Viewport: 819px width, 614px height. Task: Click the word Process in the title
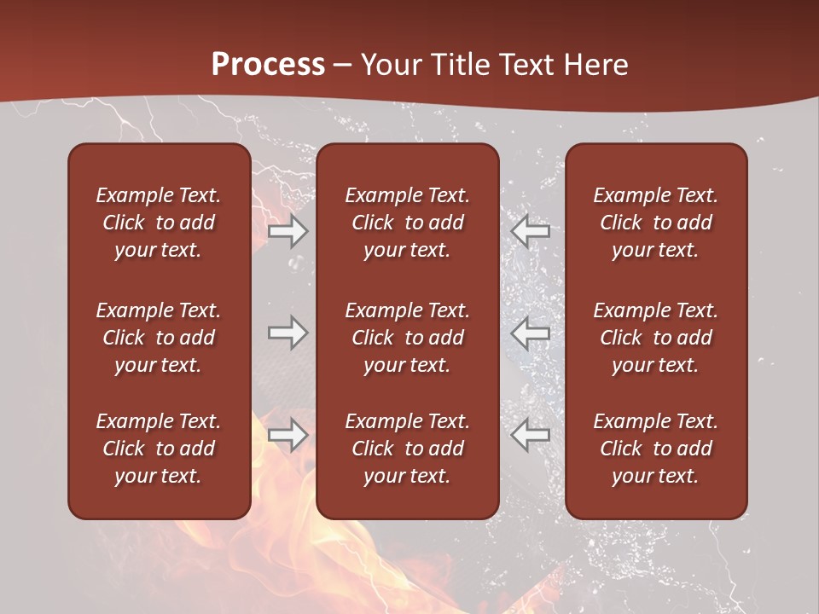tap(268, 65)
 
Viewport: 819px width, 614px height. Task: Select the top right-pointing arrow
tap(288, 231)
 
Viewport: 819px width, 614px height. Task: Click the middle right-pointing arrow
tap(288, 333)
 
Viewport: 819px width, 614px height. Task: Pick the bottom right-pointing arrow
tap(288, 435)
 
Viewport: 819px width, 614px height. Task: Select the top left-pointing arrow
tap(531, 231)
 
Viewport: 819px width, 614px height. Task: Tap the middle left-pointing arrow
tap(531, 333)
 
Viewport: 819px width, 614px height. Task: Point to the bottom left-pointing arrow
tap(531, 435)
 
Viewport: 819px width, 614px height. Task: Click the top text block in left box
tap(159, 223)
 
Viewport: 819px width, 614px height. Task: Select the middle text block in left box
tap(159, 338)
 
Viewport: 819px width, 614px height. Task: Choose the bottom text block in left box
tap(159, 449)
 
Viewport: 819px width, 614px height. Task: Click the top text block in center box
tap(408, 223)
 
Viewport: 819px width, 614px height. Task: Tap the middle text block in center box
tap(408, 338)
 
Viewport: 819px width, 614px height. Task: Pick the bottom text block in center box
tap(408, 449)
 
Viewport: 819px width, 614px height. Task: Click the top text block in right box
tap(656, 223)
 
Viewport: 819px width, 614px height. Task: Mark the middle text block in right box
tap(656, 338)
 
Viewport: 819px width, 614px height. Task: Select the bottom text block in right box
tap(656, 449)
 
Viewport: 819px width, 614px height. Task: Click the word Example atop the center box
tap(380, 196)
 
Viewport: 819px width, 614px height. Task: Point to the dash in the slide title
tap(343, 66)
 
